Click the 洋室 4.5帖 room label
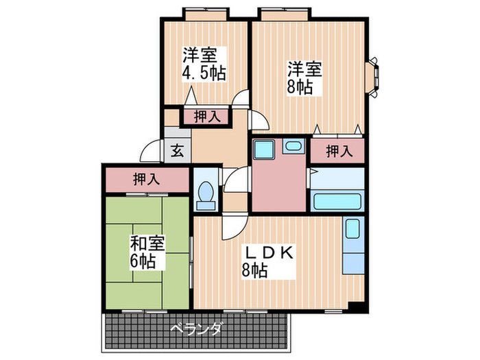point(204,62)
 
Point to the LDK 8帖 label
point(269,261)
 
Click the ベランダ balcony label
point(197,330)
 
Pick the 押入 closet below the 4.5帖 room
point(206,117)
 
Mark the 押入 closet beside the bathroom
point(337,151)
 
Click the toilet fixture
point(204,193)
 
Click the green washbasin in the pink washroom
point(293,147)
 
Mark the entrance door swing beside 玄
point(152,150)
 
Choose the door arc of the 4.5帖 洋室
point(241,100)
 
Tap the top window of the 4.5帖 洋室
point(206,14)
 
